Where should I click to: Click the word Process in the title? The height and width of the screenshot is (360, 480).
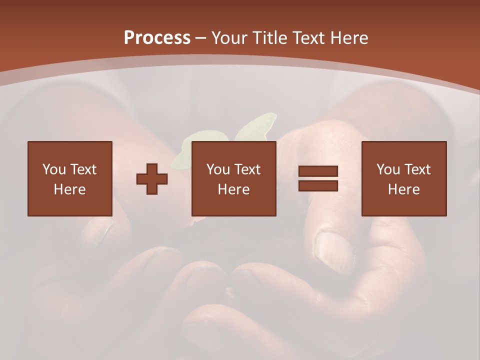pyautogui.click(x=157, y=38)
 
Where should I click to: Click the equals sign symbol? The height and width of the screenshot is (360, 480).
pyautogui.click(x=318, y=178)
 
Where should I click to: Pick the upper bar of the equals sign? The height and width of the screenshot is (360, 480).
pyautogui.click(x=318, y=171)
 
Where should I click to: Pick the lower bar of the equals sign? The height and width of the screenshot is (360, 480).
pyautogui.click(x=318, y=185)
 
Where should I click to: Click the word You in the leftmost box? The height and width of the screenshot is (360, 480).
pyautogui.click(x=54, y=169)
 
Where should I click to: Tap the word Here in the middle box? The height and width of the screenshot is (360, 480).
pyautogui.click(x=233, y=189)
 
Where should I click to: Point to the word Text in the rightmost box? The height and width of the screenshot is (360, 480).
pyautogui.click(x=417, y=169)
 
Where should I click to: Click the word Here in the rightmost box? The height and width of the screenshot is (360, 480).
pyautogui.click(x=403, y=189)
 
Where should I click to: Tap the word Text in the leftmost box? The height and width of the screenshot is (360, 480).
pyautogui.click(x=83, y=169)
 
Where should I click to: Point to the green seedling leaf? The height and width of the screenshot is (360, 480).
pyautogui.click(x=255, y=126)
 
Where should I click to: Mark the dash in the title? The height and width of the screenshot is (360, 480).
pyautogui.click(x=201, y=38)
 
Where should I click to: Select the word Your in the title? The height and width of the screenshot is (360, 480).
pyautogui.click(x=229, y=38)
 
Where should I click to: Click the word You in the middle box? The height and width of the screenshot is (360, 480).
pyautogui.click(x=218, y=169)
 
